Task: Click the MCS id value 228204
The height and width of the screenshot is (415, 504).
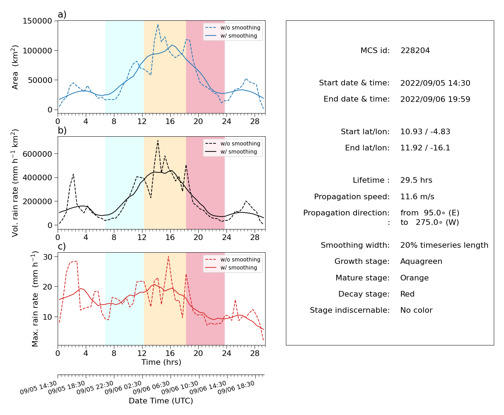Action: point(415,50)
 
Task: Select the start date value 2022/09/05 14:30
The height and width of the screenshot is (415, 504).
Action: point(435,83)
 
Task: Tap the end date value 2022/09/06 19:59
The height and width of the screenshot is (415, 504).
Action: point(435,99)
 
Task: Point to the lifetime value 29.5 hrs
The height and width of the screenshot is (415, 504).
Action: point(416,180)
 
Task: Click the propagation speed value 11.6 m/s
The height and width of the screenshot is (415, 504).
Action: point(417,196)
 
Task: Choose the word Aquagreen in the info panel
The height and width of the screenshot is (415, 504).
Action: point(421,261)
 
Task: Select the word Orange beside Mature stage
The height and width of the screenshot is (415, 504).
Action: point(414,278)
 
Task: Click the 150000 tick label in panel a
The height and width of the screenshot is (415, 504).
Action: point(37,21)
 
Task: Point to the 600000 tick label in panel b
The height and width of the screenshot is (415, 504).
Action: point(37,154)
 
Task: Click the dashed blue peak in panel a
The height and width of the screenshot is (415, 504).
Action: point(158,24)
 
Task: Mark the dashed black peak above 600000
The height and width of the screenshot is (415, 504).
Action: point(158,140)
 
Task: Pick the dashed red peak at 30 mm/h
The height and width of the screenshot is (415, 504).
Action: point(168,257)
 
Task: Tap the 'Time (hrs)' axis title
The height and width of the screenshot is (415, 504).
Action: point(161,362)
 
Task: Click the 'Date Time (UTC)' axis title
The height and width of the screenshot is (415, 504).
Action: point(161,401)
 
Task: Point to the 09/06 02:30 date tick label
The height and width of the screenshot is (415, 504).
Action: point(123,387)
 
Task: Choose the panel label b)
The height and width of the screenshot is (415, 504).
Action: point(62,130)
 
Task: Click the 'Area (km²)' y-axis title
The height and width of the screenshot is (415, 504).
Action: point(15,67)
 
